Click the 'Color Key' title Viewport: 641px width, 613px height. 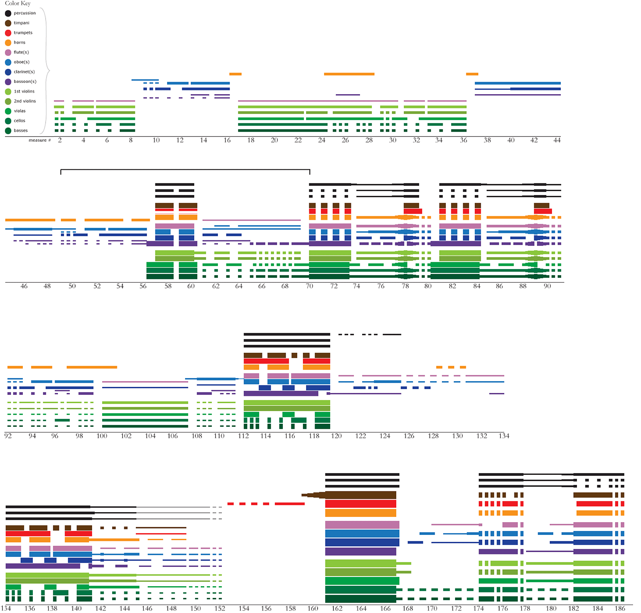click(x=18, y=3)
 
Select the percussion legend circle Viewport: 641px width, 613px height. click(x=8, y=13)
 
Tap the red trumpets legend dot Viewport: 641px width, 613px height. click(x=8, y=33)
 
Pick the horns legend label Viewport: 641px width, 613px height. click(x=20, y=42)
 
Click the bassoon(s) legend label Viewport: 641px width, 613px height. click(x=25, y=82)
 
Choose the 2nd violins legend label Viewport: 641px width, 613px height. click(x=25, y=101)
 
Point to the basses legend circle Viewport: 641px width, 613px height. click(x=8, y=131)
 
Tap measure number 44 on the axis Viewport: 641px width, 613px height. click(x=557, y=140)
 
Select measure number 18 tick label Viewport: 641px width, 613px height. click(x=251, y=140)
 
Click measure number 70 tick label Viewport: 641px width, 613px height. click(x=309, y=286)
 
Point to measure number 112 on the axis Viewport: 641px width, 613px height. click(x=244, y=436)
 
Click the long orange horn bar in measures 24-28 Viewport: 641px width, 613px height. click(x=349, y=74)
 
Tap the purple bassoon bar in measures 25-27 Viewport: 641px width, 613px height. click(x=348, y=95)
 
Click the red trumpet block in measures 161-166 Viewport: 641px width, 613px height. click(x=361, y=504)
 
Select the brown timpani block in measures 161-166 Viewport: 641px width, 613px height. click(x=361, y=495)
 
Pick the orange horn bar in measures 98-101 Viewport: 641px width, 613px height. click(x=92, y=367)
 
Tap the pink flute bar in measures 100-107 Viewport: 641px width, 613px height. click(x=145, y=382)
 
